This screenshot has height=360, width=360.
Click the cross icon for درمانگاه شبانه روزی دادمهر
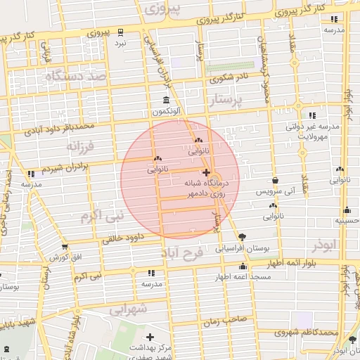coord(205,172)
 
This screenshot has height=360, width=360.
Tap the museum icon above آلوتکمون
coord(165,100)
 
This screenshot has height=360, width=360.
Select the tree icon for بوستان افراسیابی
coord(243,237)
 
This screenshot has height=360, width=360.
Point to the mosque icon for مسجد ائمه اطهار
coord(243,266)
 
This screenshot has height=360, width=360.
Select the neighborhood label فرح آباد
coord(181,252)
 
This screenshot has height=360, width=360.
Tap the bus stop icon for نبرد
coord(120,32)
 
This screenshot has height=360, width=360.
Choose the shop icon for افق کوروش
coord(65,247)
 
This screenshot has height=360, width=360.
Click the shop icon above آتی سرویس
coord(274,180)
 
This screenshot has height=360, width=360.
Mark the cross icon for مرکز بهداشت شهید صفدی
coord(149,337)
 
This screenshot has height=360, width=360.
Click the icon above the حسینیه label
coord(347,210)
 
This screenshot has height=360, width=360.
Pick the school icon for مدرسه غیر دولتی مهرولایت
coord(311,115)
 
